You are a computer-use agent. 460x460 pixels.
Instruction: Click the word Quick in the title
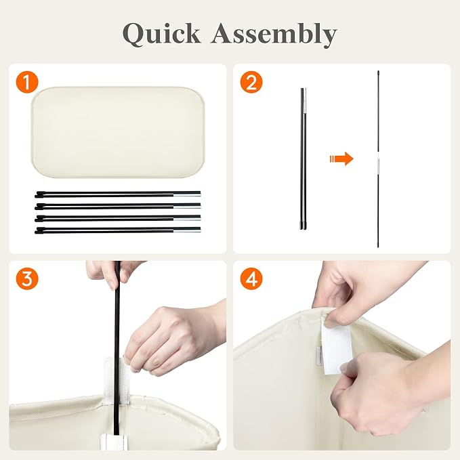pyautogui.click(x=161, y=34)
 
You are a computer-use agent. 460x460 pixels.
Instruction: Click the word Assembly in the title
pyautogui.click(x=274, y=35)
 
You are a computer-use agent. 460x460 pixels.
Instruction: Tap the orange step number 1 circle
pyautogui.click(x=27, y=82)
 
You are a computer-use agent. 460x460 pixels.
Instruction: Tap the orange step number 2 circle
pyautogui.click(x=251, y=82)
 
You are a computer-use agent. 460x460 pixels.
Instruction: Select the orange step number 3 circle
pyautogui.click(x=27, y=278)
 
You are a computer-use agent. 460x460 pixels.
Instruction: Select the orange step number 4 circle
pyautogui.click(x=251, y=278)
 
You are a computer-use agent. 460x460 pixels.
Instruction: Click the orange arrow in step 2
pyautogui.click(x=341, y=159)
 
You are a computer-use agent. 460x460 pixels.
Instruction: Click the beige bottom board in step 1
pyautogui.click(x=118, y=132)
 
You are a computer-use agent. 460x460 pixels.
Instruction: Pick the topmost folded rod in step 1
pyautogui.click(x=118, y=194)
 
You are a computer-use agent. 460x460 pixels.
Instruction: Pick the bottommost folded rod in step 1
pyautogui.click(x=118, y=230)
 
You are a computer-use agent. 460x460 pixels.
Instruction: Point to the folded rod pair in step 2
pyautogui.click(x=304, y=159)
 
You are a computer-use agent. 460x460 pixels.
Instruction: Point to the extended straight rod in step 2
pyautogui.click(x=378, y=159)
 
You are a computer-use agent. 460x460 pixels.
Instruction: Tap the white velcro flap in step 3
pyautogui.click(x=109, y=380)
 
